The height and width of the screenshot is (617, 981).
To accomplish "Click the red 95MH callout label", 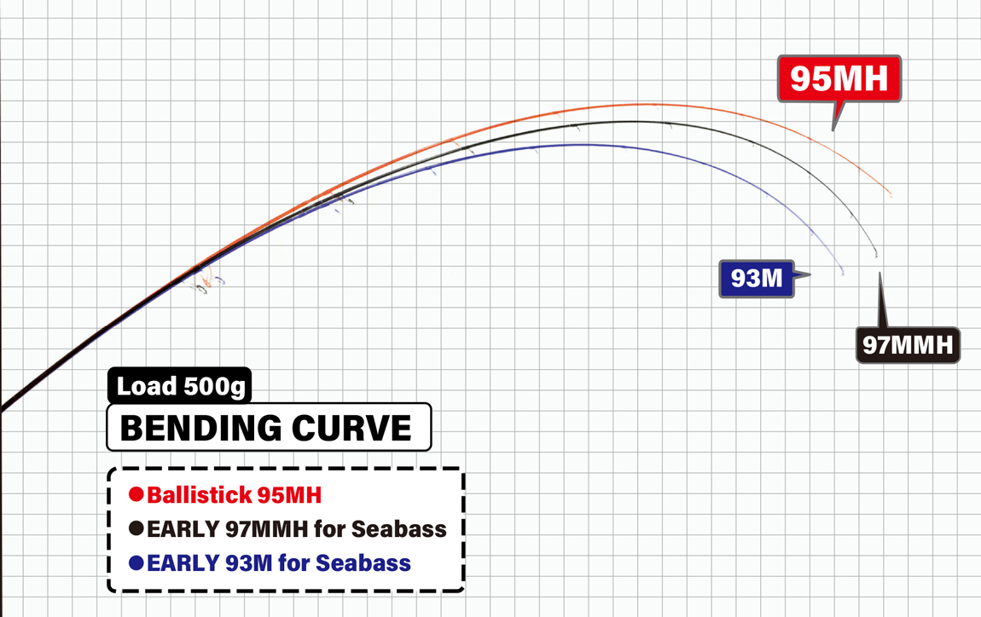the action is pyautogui.click(x=839, y=78).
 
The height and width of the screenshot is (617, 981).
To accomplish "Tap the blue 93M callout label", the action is pyautogui.click(x=757, y=278).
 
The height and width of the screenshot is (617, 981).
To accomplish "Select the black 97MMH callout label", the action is pyautogui.click(x=908, y=344).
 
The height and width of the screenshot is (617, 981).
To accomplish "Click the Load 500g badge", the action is pyautogui.click(x=179, y=386).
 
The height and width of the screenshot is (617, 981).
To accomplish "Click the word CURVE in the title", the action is pyautogui.click(x=351, y=428).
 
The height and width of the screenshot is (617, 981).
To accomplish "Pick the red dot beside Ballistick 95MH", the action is pyautogui.click(x=136, y=494).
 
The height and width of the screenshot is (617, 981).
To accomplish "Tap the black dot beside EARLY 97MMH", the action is pyautogui.click(x=136, y=528).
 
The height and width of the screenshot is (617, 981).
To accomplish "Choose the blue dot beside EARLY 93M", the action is pyautogui.click(x=136, y=562).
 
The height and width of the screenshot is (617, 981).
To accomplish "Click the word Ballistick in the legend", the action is pyautogui.click(x=200, y=495).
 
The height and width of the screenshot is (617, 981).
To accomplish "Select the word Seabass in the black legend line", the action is pyautogui.click(x=398, y=529).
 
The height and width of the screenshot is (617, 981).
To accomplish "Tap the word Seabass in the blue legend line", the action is pyautogui.click(x=363, y=562).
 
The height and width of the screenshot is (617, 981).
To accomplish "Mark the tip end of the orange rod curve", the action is pyautogui.click(x=891, y=196).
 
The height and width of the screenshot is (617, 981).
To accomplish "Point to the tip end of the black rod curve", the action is pyautogui.click(x=876, y=256).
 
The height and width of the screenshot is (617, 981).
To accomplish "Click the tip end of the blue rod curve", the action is pyautogui.click(x=843, y=274).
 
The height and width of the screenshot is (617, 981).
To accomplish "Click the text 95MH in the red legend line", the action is pyautogui.click(x=289, y=495).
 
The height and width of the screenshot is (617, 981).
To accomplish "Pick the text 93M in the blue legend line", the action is pyautogui.click(x=248, y=562).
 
